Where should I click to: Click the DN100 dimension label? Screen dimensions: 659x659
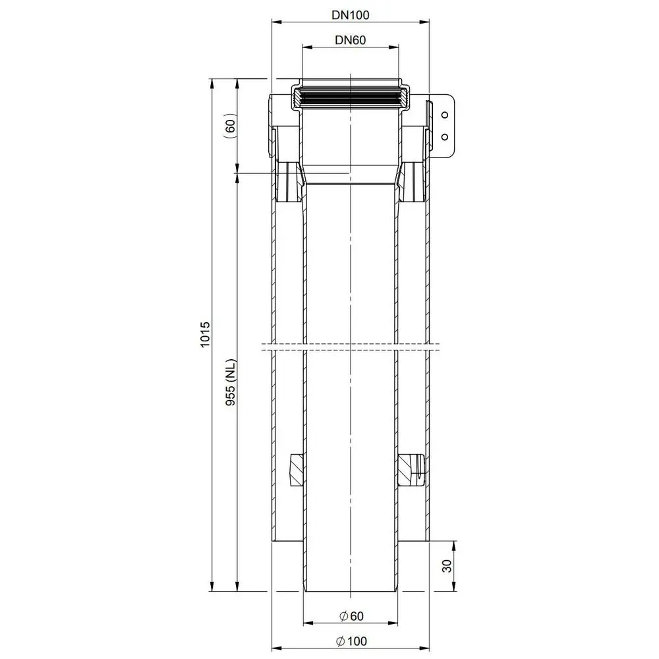pyautogui.click(x=350, y=13)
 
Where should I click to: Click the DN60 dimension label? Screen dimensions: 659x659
pyautogui.click(x=350, y=39)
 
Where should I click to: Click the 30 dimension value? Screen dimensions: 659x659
pyautogui.click(x=447, y=565)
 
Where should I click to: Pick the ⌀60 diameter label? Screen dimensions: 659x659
pyautogui.click(x=350, y=616)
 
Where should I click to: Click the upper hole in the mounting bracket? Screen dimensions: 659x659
pyautogui.click(x=444, y=115)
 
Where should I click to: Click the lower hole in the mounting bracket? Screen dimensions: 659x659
pyautogui.click(x=444, y=136)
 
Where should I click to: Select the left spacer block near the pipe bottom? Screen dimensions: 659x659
pyautogui.click(x=296, y=469)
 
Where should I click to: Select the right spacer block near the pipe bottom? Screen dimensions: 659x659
pyautogui.click(x=411, y=469)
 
